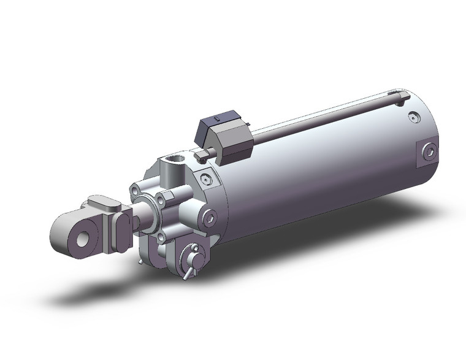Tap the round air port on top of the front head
[175, 163]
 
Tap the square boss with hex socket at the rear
[428, 151]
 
